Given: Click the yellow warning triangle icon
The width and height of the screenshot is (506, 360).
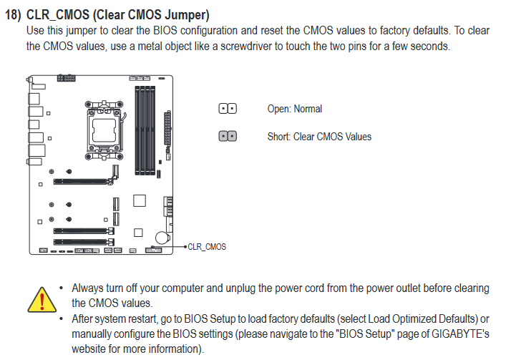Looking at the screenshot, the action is tap(42, 301).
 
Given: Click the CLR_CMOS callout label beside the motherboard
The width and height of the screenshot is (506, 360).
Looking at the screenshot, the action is tap(207, 247).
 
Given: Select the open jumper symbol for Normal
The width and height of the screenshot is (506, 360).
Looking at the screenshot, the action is tap(228, 108).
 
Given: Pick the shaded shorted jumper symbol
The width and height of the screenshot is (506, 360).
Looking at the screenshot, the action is tap(228, 136).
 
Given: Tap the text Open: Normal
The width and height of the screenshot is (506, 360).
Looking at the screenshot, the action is tap(295, 109).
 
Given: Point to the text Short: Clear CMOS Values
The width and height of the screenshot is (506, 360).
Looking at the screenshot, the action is tap(319, 137).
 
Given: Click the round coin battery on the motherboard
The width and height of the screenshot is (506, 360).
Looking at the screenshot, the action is tap(162, 238).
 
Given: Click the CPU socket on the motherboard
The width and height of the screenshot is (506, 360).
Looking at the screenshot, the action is tap(104, 130).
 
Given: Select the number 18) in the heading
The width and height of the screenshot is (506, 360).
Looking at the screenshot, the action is tap(13, 15).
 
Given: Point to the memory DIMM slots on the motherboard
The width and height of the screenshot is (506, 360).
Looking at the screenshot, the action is tap(145, 130).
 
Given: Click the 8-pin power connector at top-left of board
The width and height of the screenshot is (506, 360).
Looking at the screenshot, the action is tap(66, 78).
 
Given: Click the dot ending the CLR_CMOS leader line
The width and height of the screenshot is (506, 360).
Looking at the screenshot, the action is tap(185, 247).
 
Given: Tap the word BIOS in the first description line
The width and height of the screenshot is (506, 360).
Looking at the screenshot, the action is tap(165, 31).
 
